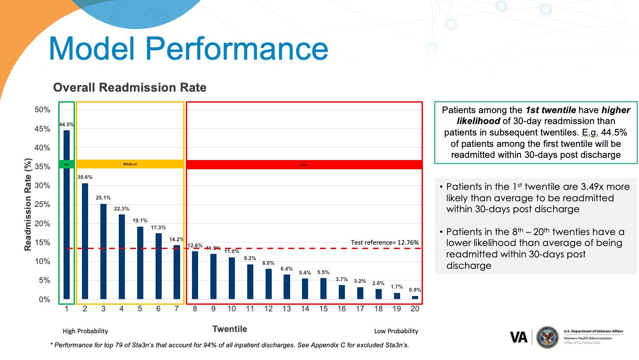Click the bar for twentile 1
pyautogui.click(x=67, y=214)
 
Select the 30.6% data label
pyautogui.click(x=85, y=177)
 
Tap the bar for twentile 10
pyautogui.click(x=232, y=278)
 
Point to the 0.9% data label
pyautogui.click(x=415, y=290)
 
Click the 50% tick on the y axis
pyautogui.click(x=43, y=110)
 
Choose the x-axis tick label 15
pyautogui.click(x=323, y=309)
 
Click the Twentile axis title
pyautogui.click(x=230, y=329)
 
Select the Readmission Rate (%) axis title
pyautogui.click(x=28, y=204)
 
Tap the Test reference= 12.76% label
pyautogui.click(x=384, y=242)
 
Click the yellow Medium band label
pyautogui.click(x=130, y=164)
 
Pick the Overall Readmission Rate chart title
pyautogui.click(x=130, y=88)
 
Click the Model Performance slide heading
pyautogui.click(x=188, y=48)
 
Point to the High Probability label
pyautogui.click(x=85, y=331)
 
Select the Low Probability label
pyautogui.click(x=396, y=331)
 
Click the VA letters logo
pyautogui.click(x=519, y=337)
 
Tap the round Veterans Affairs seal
pyautogui.click(x=547, y=337)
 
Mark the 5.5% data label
pyautogui.click(x=323, y=272)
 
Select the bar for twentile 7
pyautogui.click(x=177, y=272)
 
